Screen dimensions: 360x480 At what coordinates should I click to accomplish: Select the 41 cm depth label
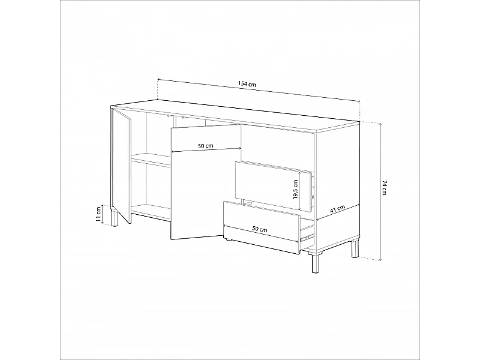coord(337,209)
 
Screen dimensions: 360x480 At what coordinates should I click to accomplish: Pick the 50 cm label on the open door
coord(205,145)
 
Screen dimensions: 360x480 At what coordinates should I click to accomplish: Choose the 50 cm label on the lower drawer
coord(259,229)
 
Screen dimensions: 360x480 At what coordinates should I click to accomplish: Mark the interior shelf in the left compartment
coord(150,159)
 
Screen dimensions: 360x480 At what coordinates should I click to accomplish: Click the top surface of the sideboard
coord(240,117)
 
